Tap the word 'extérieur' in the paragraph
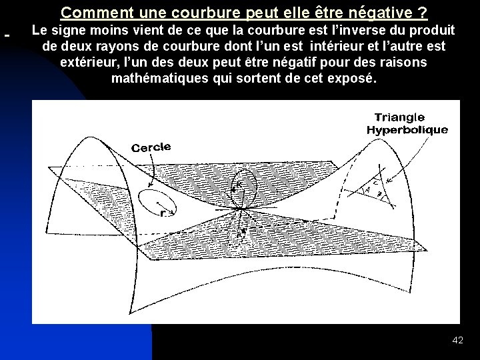point(89,62)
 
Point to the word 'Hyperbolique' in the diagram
point(407,129)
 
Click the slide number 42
point(457,340)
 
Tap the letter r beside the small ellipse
point(163,213)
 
